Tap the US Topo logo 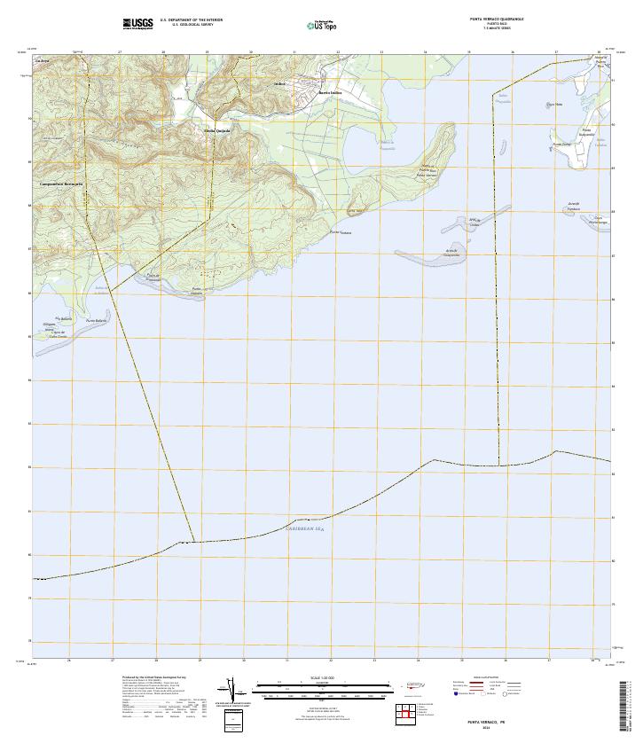click(321, 25)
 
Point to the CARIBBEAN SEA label click(305, 528)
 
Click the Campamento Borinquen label click(61, 184)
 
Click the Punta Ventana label click(341, 232)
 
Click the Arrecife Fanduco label click(573, 206)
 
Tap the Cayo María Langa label click(601, 220)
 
